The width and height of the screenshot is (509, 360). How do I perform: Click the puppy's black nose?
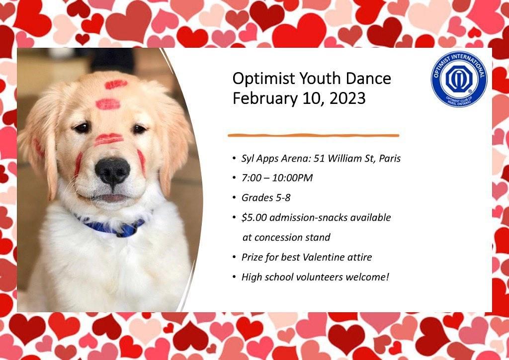[112, 172]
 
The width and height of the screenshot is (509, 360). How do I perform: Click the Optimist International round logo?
[459, 79]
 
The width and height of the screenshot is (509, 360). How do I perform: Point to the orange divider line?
[313, 135]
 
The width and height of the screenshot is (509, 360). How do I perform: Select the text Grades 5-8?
[266, 198]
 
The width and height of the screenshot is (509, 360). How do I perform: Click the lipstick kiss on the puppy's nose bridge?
[108, 139]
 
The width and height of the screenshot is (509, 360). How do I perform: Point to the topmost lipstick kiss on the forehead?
[116, 85]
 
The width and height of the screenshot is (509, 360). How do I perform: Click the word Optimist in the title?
[263, 79]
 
